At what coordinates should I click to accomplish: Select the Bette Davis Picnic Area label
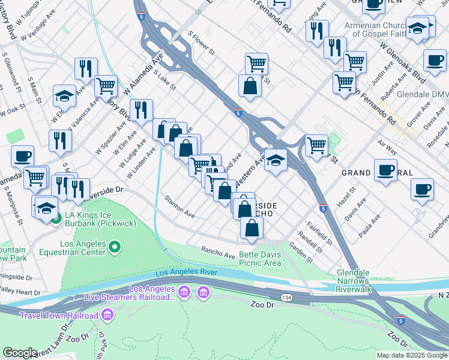pyautogui.click(x=260, y=259)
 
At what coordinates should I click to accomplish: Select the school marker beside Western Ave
pyautogui.click(x=275, y=160)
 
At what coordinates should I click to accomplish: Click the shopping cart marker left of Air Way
pyautogui.click(x=316, y=145)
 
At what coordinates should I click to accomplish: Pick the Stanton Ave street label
pyautogui.click(x=180, y=206)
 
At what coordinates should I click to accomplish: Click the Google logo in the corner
pyautogui.click(x=20, y=353)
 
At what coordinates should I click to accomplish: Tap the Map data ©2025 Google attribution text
pyautogui.click(x=411, y=355)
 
